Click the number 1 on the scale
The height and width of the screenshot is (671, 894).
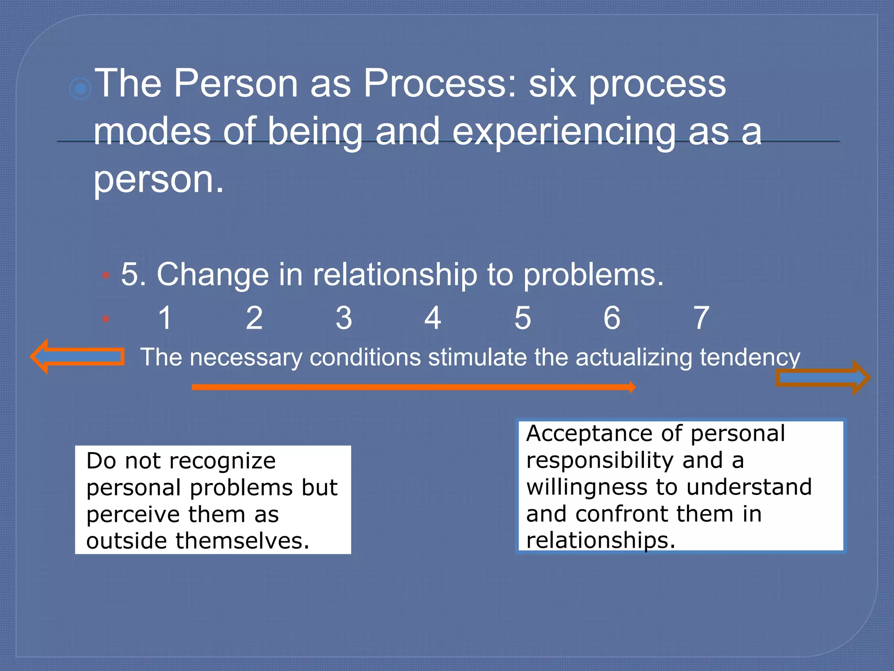165,318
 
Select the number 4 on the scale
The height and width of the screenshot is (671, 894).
433,318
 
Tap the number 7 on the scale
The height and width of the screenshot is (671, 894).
701,318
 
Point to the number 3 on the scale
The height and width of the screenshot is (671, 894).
344,318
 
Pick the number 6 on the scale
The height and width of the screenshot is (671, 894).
612,318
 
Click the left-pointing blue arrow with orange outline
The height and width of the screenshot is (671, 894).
77,356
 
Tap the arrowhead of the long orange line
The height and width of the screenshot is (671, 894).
632,387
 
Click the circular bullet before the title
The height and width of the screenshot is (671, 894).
80,89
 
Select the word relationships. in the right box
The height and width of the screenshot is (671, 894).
601,540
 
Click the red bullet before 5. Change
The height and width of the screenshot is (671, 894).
105,276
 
